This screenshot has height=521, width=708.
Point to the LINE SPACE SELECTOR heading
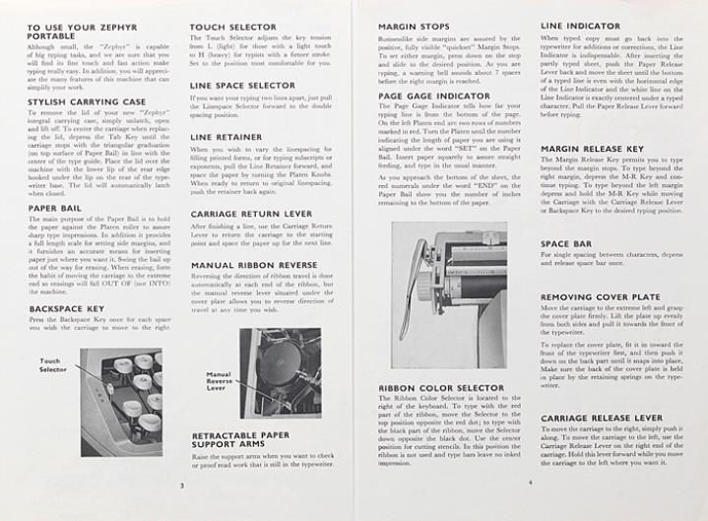(241, 86)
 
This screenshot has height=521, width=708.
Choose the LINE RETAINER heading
(225, 137)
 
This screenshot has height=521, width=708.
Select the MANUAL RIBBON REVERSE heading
(252, 265)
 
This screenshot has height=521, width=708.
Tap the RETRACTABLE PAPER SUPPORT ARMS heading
(240, 440)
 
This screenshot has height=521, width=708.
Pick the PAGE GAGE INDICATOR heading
(434, 95)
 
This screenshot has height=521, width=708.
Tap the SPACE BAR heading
(568, 242)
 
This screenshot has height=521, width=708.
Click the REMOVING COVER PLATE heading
(600, 296)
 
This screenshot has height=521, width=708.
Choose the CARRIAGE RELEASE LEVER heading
(605, 418)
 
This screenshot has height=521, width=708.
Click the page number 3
(182, 485)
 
